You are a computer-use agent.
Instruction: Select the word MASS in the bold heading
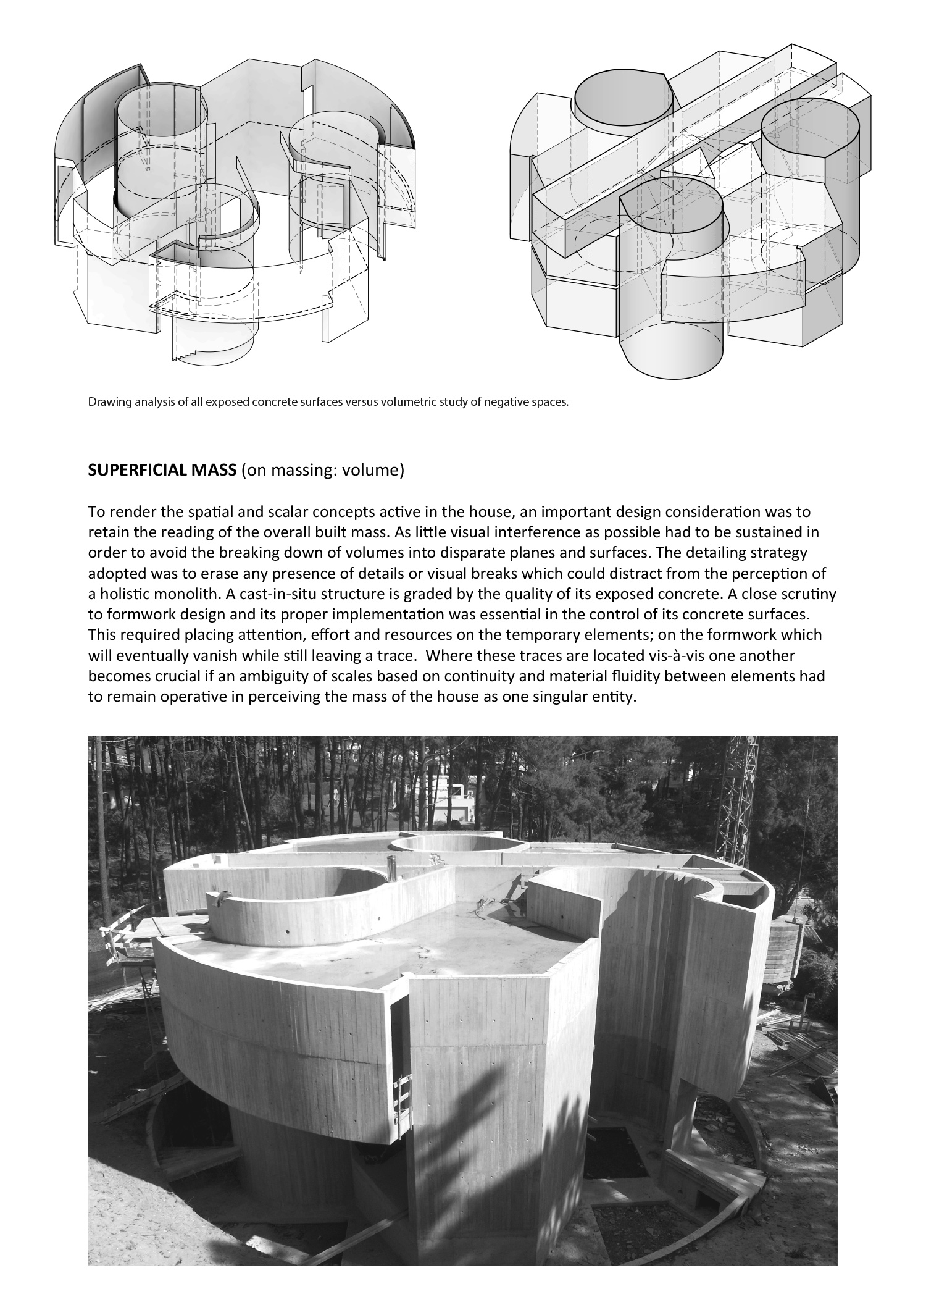pyautogui.click(x=216, y=471)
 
